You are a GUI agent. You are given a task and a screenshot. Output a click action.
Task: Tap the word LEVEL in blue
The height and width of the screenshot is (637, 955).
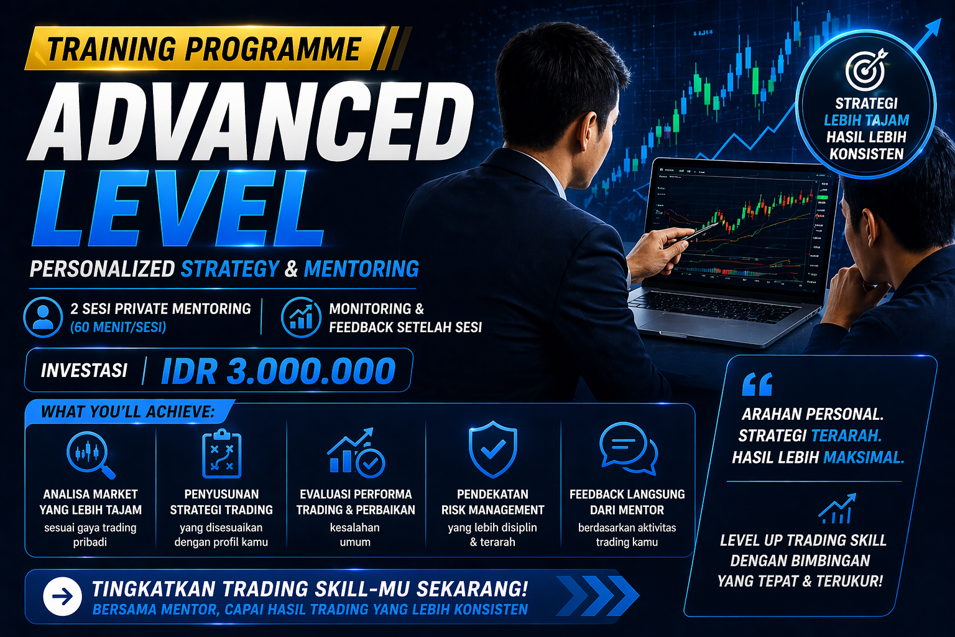click(x=177, y=208)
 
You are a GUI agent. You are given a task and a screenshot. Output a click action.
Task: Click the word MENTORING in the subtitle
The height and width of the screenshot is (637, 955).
click(x=361, y=269)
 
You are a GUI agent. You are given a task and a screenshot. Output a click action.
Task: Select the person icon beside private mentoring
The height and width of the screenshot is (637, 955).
click(x=43, y=317)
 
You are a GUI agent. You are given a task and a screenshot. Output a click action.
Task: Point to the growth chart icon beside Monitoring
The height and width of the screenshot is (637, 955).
click(x=301, y=317)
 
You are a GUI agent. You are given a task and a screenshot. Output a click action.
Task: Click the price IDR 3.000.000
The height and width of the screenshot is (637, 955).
click(x=279, y=371)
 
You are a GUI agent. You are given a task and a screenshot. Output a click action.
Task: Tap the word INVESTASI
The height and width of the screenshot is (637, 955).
click(x=84, y=371)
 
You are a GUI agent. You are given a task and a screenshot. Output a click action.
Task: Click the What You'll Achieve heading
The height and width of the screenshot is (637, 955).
click(x=127, y=412)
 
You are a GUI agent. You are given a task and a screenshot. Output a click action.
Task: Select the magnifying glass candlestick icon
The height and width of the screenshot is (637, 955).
click(x=91, y=455)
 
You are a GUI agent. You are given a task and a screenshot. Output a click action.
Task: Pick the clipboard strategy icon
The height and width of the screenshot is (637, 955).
click(x=222, y=454)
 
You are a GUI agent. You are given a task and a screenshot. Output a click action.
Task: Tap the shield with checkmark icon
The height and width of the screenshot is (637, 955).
click(x=493, y=449)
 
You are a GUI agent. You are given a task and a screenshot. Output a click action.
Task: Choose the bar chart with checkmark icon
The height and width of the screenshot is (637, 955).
click(x=356, y=453)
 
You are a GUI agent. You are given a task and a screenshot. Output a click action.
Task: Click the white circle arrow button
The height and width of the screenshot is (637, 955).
click(x=63, y=597)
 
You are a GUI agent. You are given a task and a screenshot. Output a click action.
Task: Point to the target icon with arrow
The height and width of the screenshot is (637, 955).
click(x=866, y=69)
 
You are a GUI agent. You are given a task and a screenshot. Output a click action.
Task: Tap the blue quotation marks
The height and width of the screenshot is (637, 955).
click(x=757, y=384)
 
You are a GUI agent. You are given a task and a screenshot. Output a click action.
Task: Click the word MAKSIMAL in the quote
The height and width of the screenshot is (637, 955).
click(x=864, y=458)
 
